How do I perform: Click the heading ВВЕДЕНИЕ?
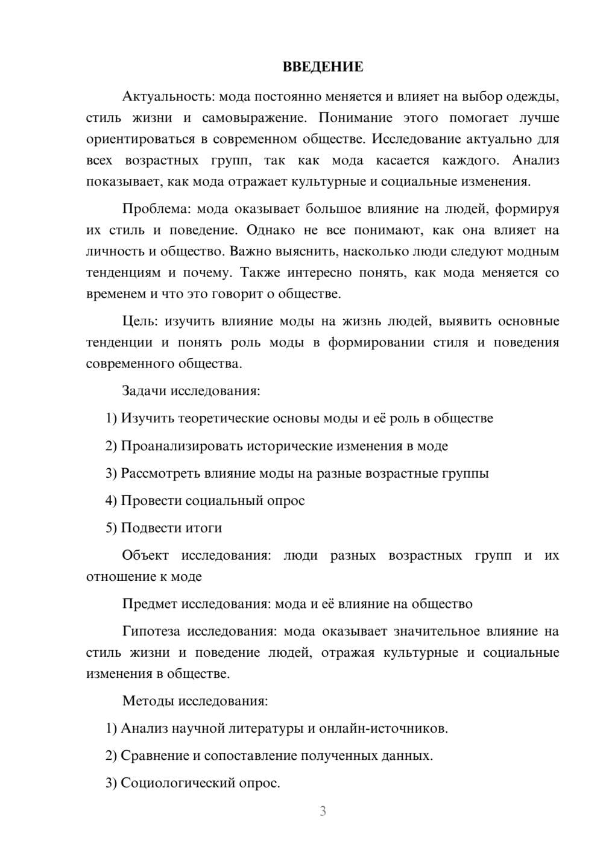coord(323,67)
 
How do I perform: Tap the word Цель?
coord(140,321)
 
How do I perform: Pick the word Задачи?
coord(144,391)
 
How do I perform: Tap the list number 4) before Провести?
coord(111,501)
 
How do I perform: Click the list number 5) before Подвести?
coord(111,528)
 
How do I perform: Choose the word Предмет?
coord(150,604)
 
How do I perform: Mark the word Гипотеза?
coord(151,631)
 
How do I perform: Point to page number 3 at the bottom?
coord(323,811)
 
